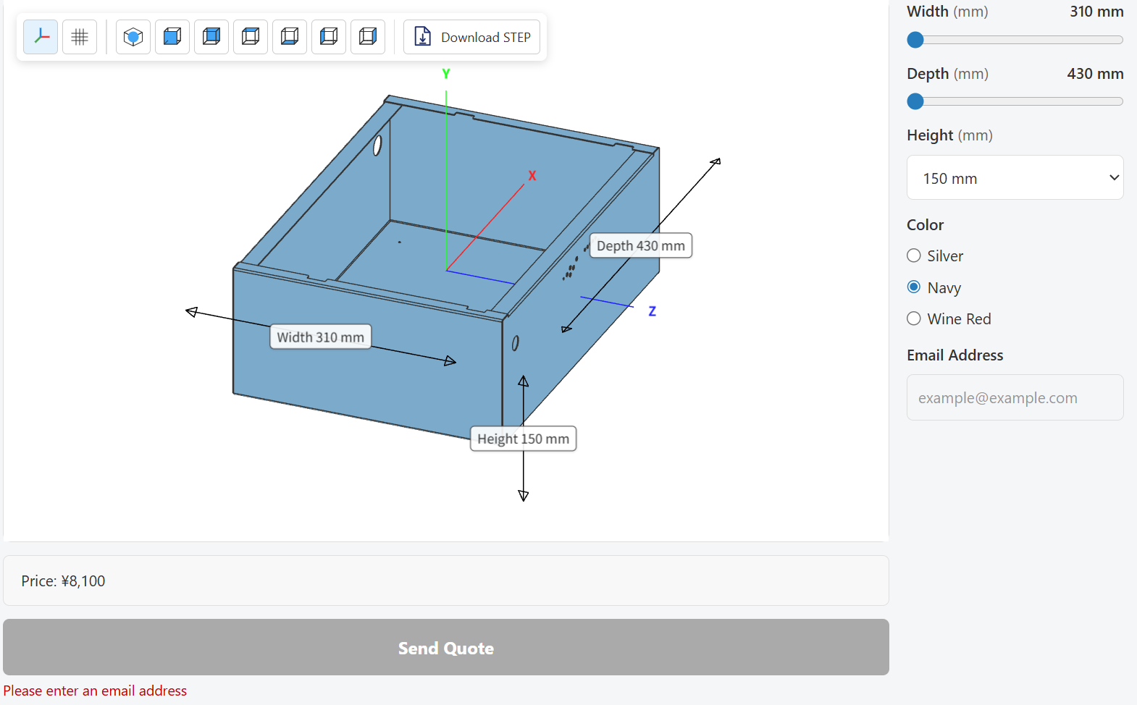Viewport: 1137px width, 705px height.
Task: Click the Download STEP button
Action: pyautogui.click(x=471, y=37)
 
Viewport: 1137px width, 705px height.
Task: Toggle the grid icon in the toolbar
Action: pyautogui.click(x=80, y=37)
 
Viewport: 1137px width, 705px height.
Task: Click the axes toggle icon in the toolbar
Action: pyautogui.click(x=41, y=37)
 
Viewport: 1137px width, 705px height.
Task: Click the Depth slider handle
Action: pyautogui.click(x=915, y=101)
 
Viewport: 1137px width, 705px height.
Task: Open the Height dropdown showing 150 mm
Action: pyautogui.click(x=1015, y=178)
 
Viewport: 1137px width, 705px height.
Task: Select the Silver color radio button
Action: pyautogui.click(x=914, y=256)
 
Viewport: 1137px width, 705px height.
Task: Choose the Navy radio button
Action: pyautogui.click(x=914, y=287)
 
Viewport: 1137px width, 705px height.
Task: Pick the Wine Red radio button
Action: pyautogui.click(x=914, y=318)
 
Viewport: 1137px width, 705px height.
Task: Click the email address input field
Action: pyautogui.click(x=1015, y=397)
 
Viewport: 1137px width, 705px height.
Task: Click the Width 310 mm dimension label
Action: pyautogui.click(x=320, y=337)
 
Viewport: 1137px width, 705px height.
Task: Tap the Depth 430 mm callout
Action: pyautogui.click(x=641, y=246)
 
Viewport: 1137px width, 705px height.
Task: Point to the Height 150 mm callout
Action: pyautogui.click(x=524, y=439)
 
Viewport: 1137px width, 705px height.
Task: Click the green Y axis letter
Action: pyautogui.click(x=446, y=74)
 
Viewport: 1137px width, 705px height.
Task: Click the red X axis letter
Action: pyautogui.click(x=532, y=176)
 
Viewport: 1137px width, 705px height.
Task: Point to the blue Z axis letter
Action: pyautogui.click(x=653, y=311)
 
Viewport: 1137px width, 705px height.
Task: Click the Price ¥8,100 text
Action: pyautogui.click(x=64, y=581)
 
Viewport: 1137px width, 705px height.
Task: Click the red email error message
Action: pyautogui.click(x=95, y=691)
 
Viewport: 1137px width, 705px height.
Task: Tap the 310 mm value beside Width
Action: pyautogui.click(x=1096, y=11)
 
